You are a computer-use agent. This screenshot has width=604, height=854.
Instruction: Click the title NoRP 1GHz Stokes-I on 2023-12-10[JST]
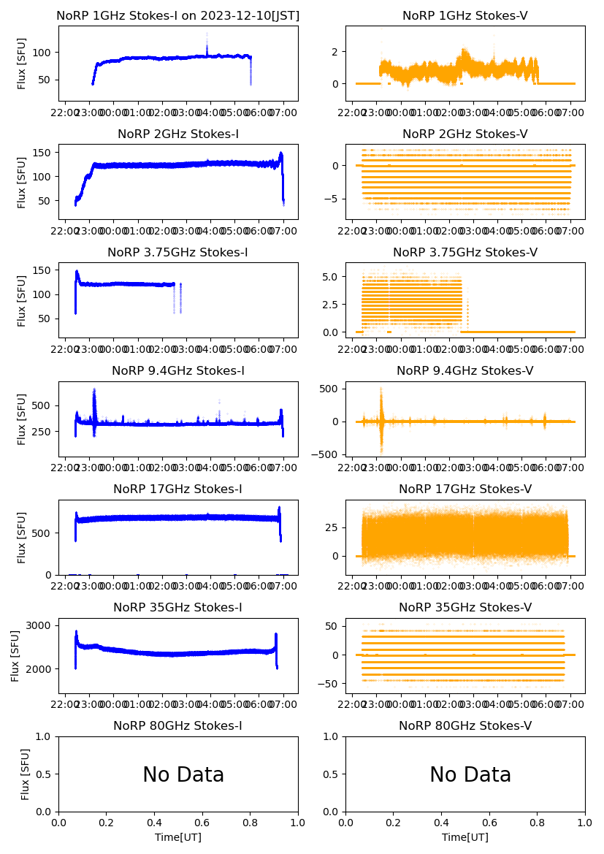tap(178, 15)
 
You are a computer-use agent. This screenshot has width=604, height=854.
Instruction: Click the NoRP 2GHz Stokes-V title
tap(465, 134)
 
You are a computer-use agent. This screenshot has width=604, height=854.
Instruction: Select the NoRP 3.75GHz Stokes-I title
tap(178, 252)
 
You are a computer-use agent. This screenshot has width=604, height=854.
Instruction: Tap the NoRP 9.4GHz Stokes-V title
tap(465, 370)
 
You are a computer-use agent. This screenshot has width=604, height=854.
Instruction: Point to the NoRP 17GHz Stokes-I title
tap(178, 489)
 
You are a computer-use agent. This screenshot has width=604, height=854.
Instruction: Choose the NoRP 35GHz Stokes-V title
tap(465, 607)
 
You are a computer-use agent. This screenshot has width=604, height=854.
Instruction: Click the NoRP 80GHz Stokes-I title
tap(178, 725)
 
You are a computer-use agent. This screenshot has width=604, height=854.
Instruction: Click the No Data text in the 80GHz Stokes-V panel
tap(470, 774)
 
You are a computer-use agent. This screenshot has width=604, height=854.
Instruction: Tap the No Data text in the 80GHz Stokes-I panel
tap(183, 774)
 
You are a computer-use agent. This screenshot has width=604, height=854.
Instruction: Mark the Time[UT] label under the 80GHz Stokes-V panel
tap(465, 837)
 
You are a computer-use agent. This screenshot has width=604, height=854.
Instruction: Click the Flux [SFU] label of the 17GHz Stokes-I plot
tap(22, 537)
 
